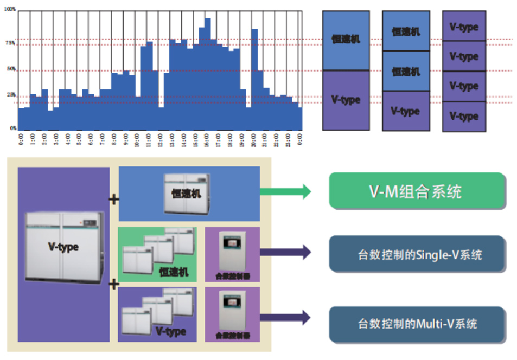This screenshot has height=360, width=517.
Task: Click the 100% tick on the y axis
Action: (x=10, y=9)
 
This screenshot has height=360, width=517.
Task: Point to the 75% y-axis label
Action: (x=10, y=43)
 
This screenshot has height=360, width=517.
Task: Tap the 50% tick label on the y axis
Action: (x=10, y=69)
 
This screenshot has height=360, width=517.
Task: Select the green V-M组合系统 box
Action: (x=417, y=191)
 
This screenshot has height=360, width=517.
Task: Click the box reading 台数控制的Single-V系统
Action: (x=417, y=254)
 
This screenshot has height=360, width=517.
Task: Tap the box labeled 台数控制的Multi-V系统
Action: (x=417, y=324)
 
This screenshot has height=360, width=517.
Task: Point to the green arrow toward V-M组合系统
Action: (x=285, y=191)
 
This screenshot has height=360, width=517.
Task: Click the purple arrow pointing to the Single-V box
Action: (x=285, y=252)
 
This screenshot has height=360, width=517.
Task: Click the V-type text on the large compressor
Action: (x=63, y=247)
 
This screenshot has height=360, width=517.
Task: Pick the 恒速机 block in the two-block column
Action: (x=346, y=40)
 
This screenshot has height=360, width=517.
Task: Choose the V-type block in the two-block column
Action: (x=346, y=100)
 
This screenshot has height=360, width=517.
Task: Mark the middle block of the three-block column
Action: (x=405, y=71)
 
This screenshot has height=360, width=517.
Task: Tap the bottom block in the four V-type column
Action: (x=464, y=116)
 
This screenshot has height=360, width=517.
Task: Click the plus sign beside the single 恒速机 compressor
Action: (x=114, y=200)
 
